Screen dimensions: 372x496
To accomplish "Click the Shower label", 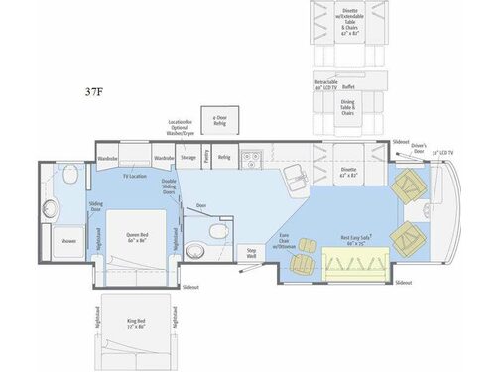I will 68,240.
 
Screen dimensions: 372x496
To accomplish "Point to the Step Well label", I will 251,252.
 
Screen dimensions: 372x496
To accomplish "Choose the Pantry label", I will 205,156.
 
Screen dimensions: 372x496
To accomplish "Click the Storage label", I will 188,156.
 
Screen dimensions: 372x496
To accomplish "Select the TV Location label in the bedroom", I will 134,176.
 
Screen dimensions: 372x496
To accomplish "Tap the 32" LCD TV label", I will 443,153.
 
